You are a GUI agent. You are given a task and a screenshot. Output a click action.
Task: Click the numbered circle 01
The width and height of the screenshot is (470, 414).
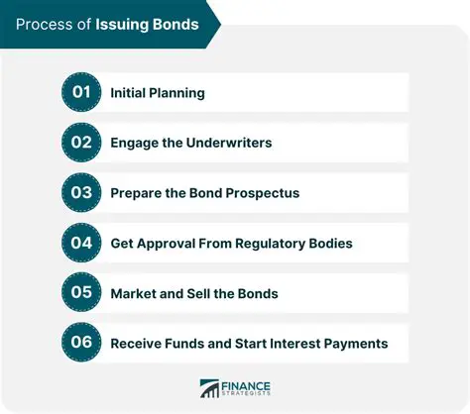coord(81,92)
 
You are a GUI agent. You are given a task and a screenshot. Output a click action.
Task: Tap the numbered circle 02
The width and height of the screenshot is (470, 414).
coord(81,143)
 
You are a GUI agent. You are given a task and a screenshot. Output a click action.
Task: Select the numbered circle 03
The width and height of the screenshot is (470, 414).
coord(81,192)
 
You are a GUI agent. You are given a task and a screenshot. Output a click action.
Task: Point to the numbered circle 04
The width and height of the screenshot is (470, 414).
coord(81,243)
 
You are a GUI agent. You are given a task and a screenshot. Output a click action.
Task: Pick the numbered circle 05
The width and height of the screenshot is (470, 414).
coord(81,293)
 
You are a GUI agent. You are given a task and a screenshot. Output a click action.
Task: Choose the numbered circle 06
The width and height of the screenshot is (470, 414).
coord(81,343)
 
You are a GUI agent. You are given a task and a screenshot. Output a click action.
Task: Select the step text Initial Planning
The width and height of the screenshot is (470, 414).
coord(158,93)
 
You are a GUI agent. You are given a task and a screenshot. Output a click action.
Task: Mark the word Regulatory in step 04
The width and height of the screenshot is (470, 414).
coord(273,243)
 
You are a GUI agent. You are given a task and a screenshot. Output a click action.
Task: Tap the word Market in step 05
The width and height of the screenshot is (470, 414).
coord(133,293)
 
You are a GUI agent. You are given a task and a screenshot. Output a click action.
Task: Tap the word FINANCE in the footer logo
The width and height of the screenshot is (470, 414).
coord(247,383)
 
